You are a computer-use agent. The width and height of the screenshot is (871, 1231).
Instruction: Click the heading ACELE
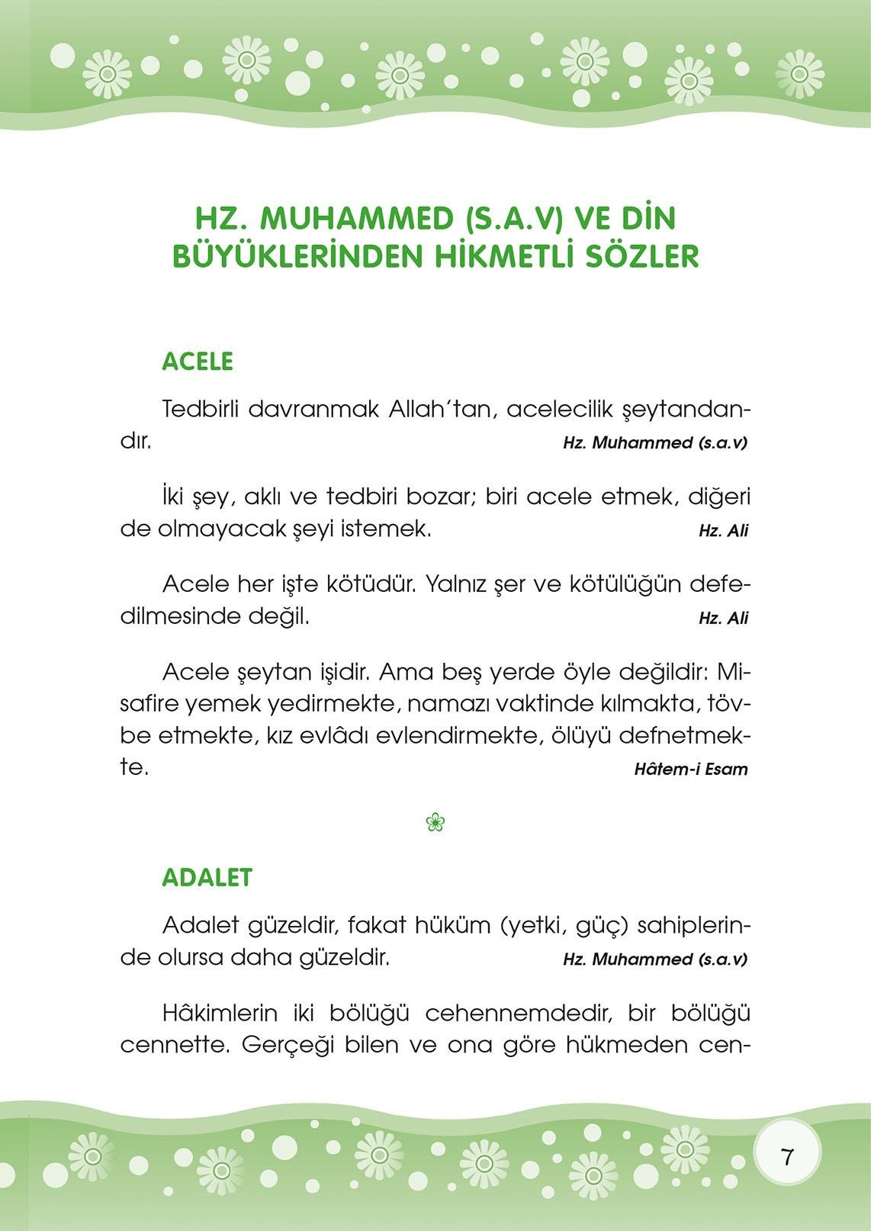(198, 362)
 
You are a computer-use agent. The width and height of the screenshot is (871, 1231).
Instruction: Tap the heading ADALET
(207, 878)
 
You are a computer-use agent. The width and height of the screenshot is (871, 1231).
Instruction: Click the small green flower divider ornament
(435, 822)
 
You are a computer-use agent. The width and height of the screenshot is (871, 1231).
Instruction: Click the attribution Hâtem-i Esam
(690, 769)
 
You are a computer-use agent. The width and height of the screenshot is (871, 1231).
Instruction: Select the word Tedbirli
(201, 409)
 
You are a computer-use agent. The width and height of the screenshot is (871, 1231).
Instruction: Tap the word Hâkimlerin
(220, 1014)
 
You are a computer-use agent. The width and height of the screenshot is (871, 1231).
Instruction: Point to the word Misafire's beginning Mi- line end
(734, 672)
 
